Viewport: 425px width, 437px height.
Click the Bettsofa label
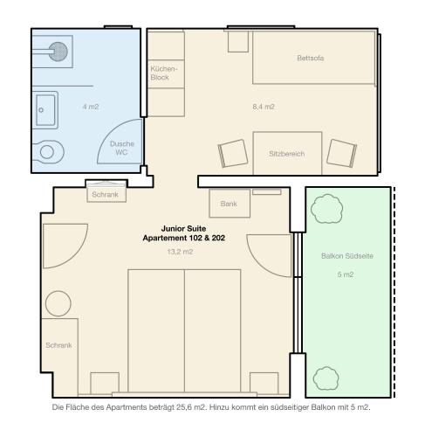[310, 58]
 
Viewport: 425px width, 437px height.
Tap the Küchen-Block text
[163, 73]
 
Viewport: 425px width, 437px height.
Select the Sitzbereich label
[286, 154]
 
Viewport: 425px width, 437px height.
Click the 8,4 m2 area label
[264, 107]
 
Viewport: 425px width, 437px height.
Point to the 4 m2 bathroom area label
[91, 107]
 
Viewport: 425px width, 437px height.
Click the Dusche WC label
[122, 148]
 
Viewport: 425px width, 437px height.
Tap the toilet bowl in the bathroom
[48, 152]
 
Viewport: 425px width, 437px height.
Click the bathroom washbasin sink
[45, 110]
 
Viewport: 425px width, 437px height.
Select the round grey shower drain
[58, 52]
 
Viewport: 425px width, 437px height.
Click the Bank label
[229, 204]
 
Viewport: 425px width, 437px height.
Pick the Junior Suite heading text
[183, 228]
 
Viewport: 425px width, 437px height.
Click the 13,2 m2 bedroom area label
[180, 252]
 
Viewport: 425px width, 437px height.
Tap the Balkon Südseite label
[347, 256]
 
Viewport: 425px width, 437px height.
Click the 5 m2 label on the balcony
[346, 274]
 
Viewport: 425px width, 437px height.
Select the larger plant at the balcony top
[326, 209]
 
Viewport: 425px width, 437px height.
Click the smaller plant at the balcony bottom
[326, 378]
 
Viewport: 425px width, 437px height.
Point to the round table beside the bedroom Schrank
[58, 303]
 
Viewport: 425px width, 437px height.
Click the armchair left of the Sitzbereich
[233, 154]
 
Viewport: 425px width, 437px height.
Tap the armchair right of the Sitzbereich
[341, 153]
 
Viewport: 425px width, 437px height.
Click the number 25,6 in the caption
[183, 407]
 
